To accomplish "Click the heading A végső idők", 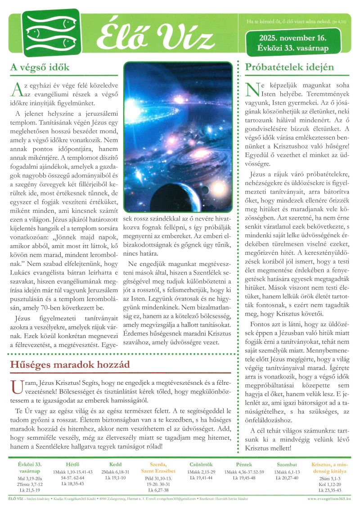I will tap(40, 68).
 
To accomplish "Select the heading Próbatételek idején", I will tap(289, 68).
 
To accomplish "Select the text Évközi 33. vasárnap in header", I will tap(292, 48).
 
